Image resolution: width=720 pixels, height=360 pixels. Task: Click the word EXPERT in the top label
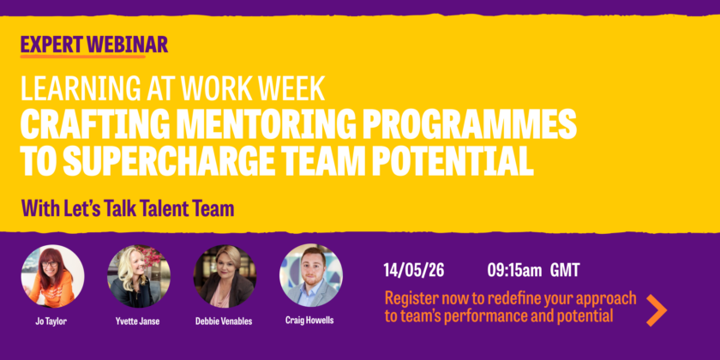[x=52, y=45]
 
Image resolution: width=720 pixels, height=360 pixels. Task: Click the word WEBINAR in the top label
[x=127, y=45]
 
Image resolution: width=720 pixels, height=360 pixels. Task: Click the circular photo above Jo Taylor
[x=52, y=276]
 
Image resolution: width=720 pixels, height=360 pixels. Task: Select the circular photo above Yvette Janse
[x=139, y=276]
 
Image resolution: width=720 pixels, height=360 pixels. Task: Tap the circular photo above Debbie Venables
[x=225, y=276]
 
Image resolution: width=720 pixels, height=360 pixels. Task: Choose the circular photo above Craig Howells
[x=311, y=275]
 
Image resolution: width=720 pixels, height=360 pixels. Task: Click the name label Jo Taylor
[x=51, y=321]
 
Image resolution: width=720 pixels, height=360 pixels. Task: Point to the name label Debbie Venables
[x=224, y=321]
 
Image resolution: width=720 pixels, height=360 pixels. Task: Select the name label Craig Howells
[x=309, y=320]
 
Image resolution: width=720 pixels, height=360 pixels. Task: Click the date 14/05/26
[x=414, y=270]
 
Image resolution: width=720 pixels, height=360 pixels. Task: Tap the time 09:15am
[x=514, y=270]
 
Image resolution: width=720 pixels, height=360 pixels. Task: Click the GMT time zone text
[x=565, y=270]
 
